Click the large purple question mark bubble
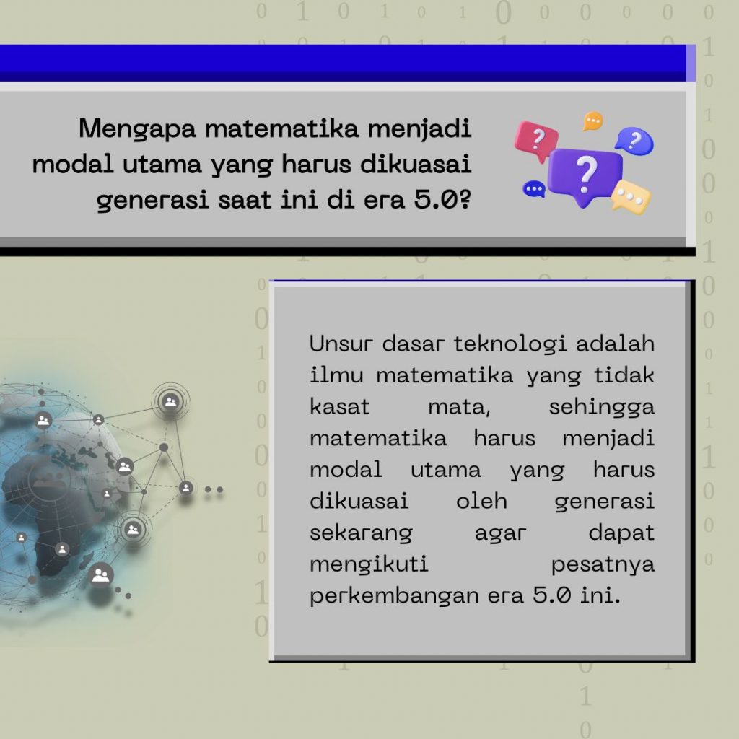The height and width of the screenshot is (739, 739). pos(585,175)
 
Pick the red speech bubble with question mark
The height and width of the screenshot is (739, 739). pos(536,140)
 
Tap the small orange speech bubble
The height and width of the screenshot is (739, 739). pos(592,121)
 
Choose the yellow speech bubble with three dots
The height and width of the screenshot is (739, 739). pos(631,196)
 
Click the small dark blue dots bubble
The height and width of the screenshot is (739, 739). pos(534,189)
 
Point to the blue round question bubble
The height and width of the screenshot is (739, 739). pos(635,141)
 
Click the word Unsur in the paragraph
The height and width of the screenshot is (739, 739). pos(341,344)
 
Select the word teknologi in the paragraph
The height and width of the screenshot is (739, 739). pos(510,344)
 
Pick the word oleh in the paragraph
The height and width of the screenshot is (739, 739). pos(481,501)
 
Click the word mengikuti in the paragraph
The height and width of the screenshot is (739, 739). pos(369,565)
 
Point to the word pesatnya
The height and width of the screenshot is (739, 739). pos(603,565)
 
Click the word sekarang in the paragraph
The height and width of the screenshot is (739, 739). pos(361,533)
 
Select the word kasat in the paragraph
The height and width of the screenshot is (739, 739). pos(340,407)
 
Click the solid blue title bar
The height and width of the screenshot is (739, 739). pos(343,64)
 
